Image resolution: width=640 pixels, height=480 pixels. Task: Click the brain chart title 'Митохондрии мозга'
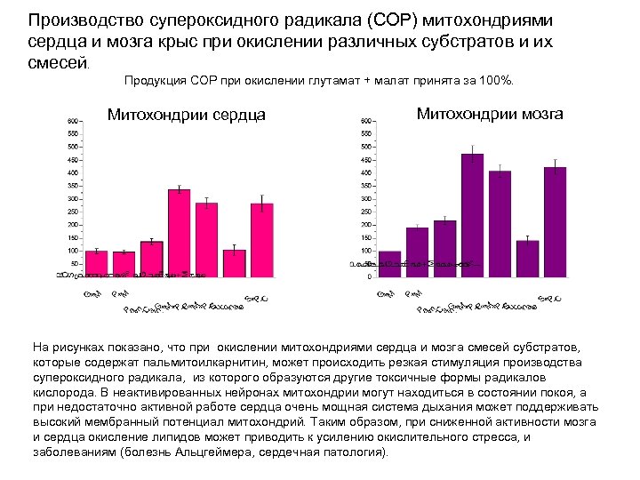tap(489, 114)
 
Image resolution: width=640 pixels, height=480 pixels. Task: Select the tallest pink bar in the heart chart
tap(180, 233)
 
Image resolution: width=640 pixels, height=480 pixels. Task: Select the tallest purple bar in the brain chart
tap(472, 215)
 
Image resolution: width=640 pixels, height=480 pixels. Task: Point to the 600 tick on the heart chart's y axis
tap(74, 120)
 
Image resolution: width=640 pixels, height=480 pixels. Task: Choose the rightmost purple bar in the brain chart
tap(555, 221)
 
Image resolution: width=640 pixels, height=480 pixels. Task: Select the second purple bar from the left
tap(417, 252)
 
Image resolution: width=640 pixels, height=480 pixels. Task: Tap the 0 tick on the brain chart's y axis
tap(370, 276)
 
